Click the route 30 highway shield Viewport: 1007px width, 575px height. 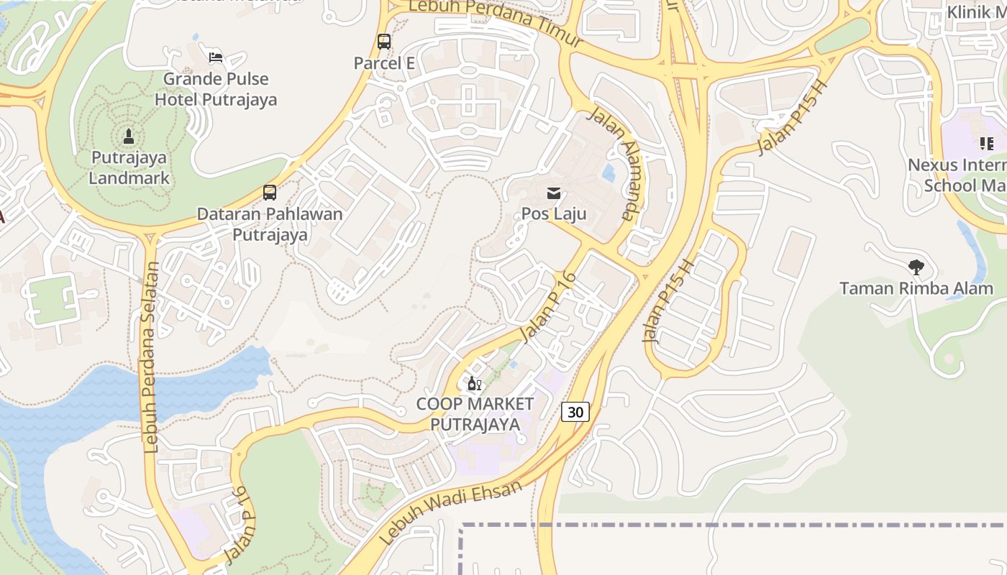(575, 412)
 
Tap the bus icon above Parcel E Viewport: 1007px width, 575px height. (384, 41)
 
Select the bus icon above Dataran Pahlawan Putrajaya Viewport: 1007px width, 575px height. (270, 192)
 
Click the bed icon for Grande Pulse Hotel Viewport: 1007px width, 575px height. (215, 57)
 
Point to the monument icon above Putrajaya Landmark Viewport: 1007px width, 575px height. (129, 136)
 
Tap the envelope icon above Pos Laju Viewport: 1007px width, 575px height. (554, 193)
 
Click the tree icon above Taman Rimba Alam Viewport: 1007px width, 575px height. (916, 267)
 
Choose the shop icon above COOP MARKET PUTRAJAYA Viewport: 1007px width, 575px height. (474, 383)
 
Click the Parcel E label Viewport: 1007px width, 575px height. (384, 63)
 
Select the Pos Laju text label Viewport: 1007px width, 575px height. (554, 213)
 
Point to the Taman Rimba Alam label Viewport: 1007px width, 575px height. (916, 288)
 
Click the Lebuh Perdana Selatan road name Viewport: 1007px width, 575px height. (150, 357)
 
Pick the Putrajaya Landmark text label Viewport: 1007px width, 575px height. (129, 167)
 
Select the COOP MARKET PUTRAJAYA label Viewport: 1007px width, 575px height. (475, 414)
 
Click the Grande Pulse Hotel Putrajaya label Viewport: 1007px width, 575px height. (216, 89)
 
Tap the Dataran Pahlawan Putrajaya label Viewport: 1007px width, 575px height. (270, 224)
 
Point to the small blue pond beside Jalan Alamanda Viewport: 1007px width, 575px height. (609, 172)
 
